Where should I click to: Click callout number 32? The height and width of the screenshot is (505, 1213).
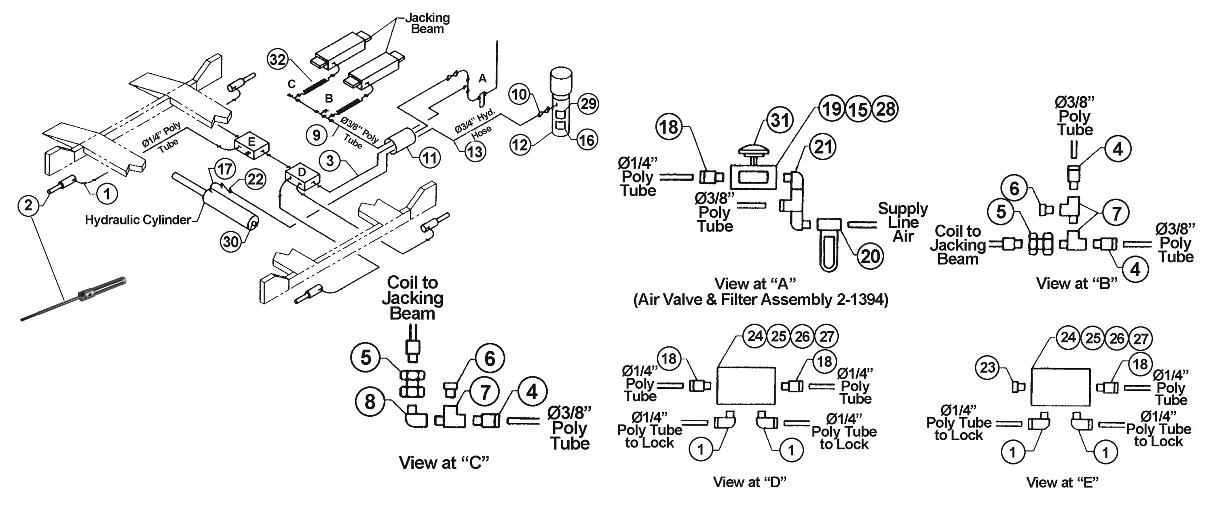click(x=278, y=59)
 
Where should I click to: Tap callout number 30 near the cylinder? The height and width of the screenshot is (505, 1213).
click(x=231, y=242)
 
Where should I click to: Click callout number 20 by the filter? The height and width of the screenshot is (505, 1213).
click(x=870, y=256)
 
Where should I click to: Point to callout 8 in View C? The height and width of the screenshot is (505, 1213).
click(x=370, y=402)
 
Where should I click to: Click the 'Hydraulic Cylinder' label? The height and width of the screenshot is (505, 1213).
click(x=138, y=220)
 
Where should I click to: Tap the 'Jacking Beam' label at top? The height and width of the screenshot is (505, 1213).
click(x=427, y=23)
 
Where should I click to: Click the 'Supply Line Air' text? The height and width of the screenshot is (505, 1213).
click(x=903, y=222)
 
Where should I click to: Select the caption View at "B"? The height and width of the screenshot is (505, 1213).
click(x=1076, y=283)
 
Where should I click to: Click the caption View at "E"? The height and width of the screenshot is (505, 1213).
click(x=1062, y=482)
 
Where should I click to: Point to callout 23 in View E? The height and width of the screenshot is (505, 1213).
click(x=987, y=367)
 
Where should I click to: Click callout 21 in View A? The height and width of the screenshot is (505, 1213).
click(x=823, y=147)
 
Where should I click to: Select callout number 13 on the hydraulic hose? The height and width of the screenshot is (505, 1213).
click(x=475, y=151)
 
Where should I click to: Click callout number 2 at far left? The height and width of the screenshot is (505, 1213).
click(x=29, y=205)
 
